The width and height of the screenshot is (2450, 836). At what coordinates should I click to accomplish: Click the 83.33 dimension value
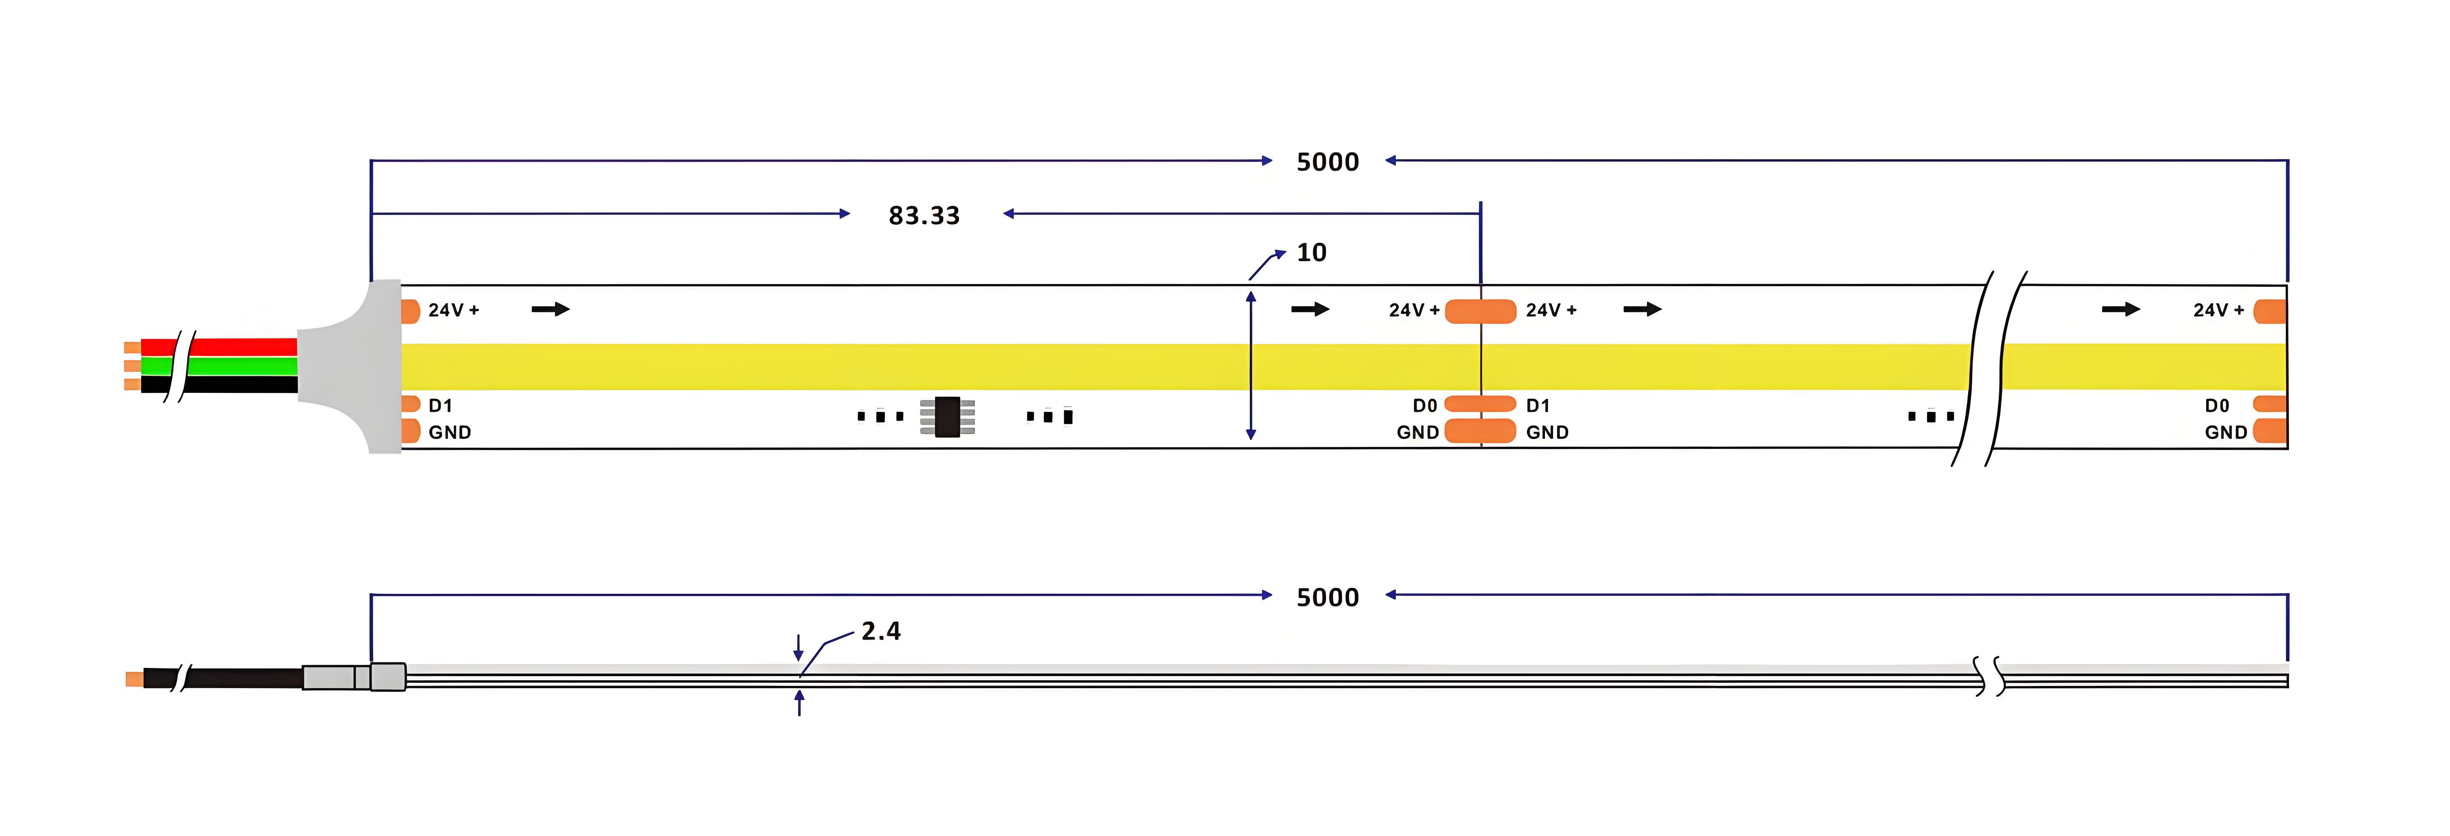pyautogui.click(x=923, y=216)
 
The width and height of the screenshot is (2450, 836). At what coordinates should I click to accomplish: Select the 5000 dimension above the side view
pyautogui.click(x=1328, y=597)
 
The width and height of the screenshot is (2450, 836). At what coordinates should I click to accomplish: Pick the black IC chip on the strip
pyautogui.click(x=947, y=417)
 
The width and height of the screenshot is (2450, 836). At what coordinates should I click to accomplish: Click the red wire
pyautogui.click(x=219, y=346)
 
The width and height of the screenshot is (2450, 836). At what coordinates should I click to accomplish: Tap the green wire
pyautogui.click(x=219, y=365)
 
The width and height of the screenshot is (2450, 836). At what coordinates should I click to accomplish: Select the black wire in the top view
pyautogui.click(x=219, y=384)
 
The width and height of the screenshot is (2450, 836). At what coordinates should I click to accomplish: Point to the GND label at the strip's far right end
pyautogui.click(x=2225, y=433)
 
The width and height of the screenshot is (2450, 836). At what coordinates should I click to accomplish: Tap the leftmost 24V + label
pyautogui.click(x=454, y=310)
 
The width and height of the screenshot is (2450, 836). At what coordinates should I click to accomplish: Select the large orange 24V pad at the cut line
pyautogui.click(x=1480, y=311)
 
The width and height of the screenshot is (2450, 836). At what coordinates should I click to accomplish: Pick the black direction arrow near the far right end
pyautogui.click(x=2121, y=309)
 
